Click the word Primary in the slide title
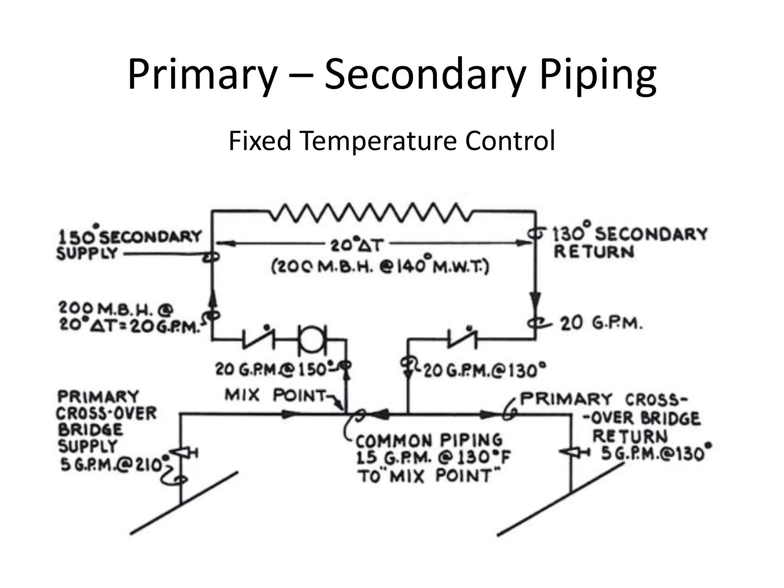(x=202, y=75)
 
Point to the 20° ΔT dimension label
(x=356, y=245)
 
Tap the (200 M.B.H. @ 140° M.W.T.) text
(x=380, y=266)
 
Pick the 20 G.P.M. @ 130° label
(x=485, y=370)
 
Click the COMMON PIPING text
(x=429, y=441)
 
